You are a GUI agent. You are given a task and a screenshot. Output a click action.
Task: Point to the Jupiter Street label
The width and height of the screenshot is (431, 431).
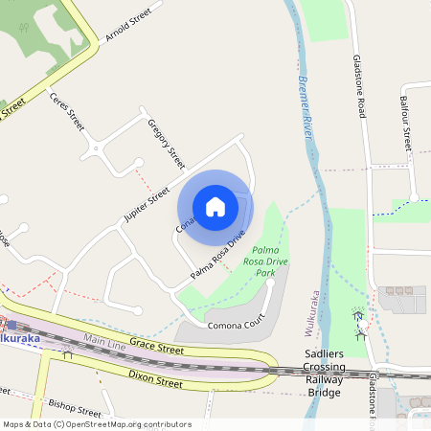(x=147, y=199)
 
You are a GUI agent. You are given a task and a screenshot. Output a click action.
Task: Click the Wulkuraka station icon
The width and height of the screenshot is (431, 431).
(x=11, y=325)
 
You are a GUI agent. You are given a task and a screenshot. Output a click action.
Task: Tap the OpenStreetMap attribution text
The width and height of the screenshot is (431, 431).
(x=96, y=424)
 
